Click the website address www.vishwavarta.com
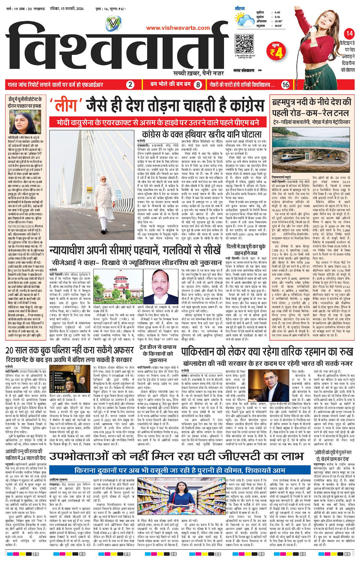[178, 28]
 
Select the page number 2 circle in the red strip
[130, 85]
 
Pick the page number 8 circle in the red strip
[198, 85]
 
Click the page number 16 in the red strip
[285, 85]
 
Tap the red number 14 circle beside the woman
[349, 34]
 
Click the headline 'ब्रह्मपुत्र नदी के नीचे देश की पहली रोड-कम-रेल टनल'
[311, 107]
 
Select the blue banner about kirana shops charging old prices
[179, 470]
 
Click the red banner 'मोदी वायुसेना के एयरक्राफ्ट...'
[158, 122]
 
